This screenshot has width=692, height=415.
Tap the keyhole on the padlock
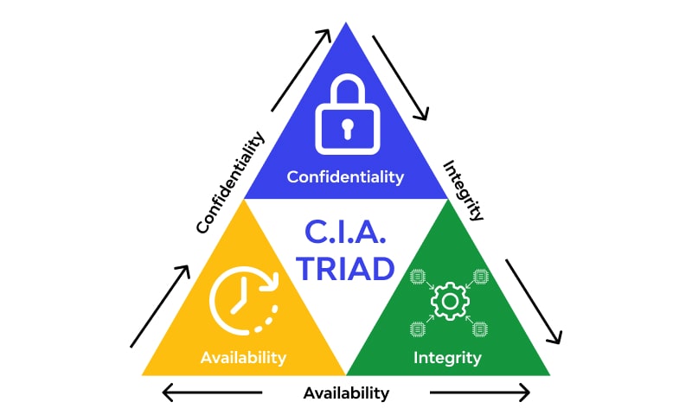[346, 129]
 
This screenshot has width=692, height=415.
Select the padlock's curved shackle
[346, 91]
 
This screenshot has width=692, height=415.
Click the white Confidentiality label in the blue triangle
[345, 177]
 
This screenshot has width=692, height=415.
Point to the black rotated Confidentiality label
[230, 182]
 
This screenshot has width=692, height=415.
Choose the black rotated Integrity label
[463, 190]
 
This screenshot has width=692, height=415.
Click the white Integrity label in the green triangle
[447, 356]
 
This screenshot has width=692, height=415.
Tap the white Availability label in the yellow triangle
[243, 356]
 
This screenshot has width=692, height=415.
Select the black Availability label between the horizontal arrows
[346, 393]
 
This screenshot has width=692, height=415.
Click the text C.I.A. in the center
[346, 233]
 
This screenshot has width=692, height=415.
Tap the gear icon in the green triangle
[449, 302]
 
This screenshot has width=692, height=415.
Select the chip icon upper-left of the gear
[418, 276]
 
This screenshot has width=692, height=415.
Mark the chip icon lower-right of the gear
[481, 329]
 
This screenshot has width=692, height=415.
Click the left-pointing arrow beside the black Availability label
[212, 393]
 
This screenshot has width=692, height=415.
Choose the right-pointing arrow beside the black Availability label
[480, 393]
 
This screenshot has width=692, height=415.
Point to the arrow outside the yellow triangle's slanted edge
[160, 306]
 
